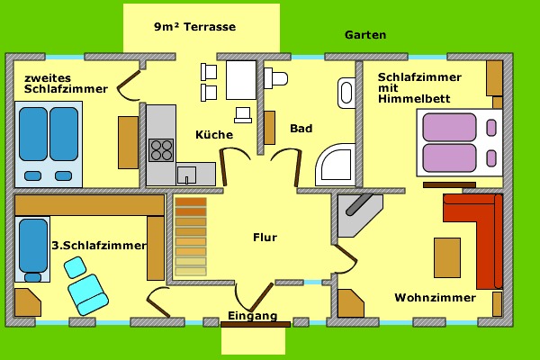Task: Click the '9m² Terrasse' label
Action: point(194,27)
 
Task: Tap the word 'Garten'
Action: point(365,35)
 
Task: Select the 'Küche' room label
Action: point(214,135)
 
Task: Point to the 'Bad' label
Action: point(301,129)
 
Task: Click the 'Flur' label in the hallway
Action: point(265,238)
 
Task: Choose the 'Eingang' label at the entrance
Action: point(252,317)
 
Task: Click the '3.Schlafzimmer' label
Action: point(98,245)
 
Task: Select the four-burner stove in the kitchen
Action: point(161,149)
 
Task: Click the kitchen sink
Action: point(186,174)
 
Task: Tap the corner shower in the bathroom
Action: point(336,166)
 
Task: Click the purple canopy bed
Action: point(459,142)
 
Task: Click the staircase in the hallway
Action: point(190,236)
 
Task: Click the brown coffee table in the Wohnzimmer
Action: point(447,257)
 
